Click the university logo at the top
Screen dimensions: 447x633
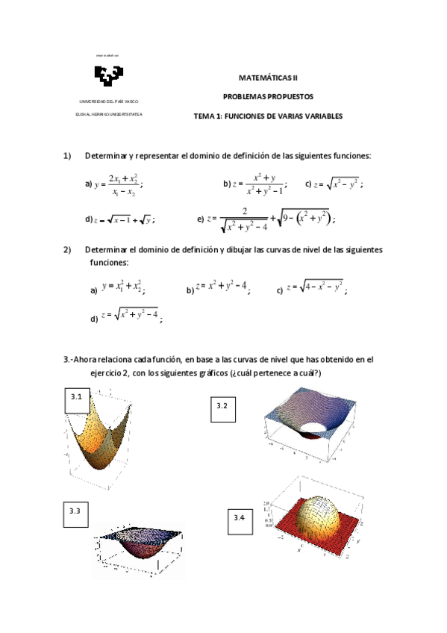[108, 76]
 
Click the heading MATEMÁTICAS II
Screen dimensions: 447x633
[267, 76]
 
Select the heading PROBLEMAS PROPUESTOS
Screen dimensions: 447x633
[267, 96]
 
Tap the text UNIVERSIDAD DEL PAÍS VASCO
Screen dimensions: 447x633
[108, 101]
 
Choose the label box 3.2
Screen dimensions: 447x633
[222, 407]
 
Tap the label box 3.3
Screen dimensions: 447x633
[75, 513]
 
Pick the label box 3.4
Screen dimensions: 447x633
[240, 519]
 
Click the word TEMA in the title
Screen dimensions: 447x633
[203, 116]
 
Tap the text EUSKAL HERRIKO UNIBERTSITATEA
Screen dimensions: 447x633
[108, 114]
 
